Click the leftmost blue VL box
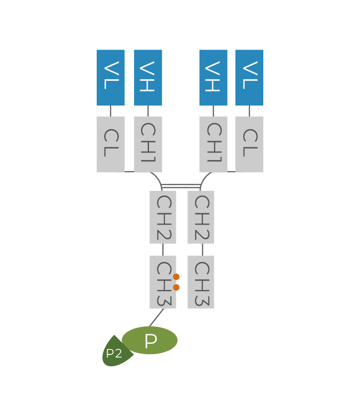click(x=111, y=77)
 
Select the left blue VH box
click(x=148, y=77)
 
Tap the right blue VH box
click(x=213, y=77)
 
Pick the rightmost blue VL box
click(x=249, y=77)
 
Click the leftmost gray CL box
click(x=111, y=144)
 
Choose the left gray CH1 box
click(x=148, y=144)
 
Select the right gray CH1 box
click(x=213, y=144)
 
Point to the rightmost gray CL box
click(x=249, y=144)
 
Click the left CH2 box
click(x=163, y=217)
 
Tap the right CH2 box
click(x=200, y=217)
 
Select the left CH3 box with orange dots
click(x=162, y=282)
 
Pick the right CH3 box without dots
click(x=200, y=282)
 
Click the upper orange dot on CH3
click(x=176, y=277)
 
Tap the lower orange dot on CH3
click(x=176, y=288)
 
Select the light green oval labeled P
click(x=150, y=340)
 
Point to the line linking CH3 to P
click(x=156, y=317)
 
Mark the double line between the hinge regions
click(x=181, y=186)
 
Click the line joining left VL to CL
click(x=111, y=111)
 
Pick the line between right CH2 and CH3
click(x=203, y=249)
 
